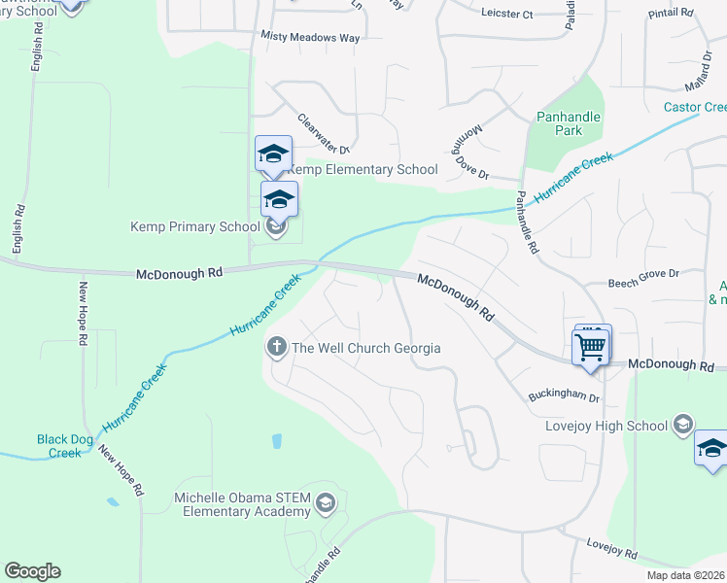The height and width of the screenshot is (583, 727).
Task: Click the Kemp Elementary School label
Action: [363, 170]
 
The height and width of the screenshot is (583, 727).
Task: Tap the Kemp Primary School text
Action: [195, 227]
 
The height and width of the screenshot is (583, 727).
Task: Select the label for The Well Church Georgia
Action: [366, 348]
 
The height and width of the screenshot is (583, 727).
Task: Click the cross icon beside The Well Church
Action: [277, 347]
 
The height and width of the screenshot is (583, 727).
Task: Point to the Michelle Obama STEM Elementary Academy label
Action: [242, 505]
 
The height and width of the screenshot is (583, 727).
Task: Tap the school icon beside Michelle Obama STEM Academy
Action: [325, 502]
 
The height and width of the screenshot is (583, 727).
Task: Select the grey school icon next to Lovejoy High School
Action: [683, 424]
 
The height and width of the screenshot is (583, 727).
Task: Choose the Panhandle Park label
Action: [569, 123]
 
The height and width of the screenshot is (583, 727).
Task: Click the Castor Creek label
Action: [695, 107]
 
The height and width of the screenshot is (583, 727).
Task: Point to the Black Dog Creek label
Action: [65, 446]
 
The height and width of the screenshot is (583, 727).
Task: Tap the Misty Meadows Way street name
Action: [310, 37]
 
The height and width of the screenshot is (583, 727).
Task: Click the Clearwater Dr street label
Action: [323, 134]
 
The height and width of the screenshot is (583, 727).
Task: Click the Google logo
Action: [32, 571]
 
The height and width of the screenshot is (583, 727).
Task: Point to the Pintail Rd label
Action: [672, 13]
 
